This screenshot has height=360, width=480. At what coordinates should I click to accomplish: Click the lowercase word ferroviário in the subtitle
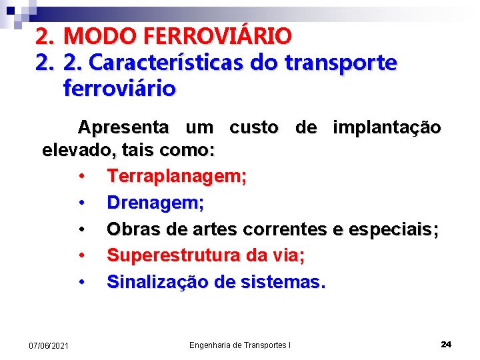pos(119,88)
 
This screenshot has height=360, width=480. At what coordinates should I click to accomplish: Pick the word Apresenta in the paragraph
pos(123,127)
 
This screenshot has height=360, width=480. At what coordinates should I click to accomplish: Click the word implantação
pos(387,127)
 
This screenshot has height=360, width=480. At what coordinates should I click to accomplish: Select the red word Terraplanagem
pos(177,177)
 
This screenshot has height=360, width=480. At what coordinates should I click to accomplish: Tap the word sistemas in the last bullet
pos(285,281)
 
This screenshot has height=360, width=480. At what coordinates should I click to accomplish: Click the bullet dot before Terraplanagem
pos(81,177)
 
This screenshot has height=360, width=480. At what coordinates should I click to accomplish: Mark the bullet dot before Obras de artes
pos(81,229)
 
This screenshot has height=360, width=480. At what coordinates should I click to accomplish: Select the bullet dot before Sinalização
pos(81,281)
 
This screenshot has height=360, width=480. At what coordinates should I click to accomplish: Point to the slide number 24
pos(446,344)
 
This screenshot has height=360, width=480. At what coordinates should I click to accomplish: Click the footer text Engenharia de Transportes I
pos(240,345)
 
